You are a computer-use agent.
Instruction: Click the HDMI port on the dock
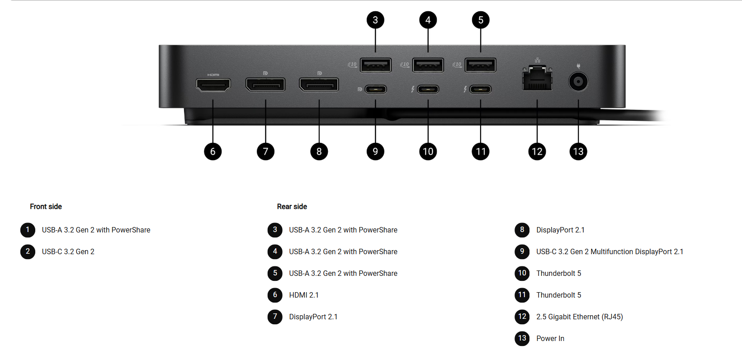[213, 85]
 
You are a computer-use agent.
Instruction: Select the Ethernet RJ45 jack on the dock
[537, 79]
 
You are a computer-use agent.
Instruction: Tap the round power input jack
[578, 82]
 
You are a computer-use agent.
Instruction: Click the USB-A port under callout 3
[375, 65]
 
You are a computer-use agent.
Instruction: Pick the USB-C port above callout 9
[375, 89]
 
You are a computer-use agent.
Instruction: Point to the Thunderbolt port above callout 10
[428, 89]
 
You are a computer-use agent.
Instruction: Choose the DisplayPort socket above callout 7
[265, 85]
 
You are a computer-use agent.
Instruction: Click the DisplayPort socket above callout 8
[319, 85]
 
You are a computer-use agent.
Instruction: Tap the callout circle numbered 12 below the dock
[537, 152]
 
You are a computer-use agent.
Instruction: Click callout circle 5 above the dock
[481, 20]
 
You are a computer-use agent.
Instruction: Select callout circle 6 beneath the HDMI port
[213, 152]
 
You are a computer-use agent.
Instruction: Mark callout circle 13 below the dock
[578, 152]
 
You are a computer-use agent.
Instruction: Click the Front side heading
[46, 207]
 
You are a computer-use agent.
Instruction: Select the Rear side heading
[292, 207]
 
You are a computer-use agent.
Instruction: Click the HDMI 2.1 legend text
[304, 295]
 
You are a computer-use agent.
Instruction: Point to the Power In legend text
[550, 339]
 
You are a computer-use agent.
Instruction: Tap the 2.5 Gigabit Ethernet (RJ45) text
[580, 317]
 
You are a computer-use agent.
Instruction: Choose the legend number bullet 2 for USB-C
[28, 251]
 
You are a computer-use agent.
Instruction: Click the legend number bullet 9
[522, 251]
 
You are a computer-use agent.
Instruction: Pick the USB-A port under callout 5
[481, 65]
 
